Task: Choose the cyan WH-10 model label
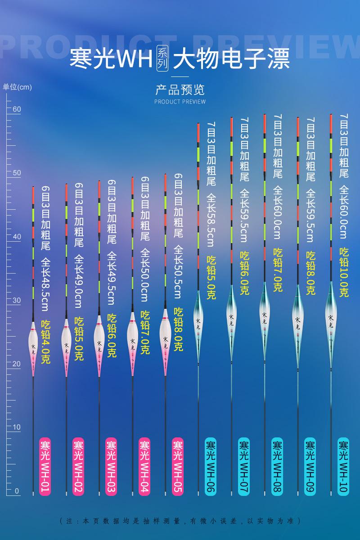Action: pos(343,466)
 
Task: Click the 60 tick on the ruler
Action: pos(17,109)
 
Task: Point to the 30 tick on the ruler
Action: pos(17,300)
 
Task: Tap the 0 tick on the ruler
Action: pos(17,491)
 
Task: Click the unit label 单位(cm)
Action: pos(17,87)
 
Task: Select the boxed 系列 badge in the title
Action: pos(162,58)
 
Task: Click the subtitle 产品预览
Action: pos(180,89)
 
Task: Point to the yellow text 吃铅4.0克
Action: pos(46,342)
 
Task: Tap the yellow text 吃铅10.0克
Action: pos(344,272)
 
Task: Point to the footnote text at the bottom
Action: pos(180,521)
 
